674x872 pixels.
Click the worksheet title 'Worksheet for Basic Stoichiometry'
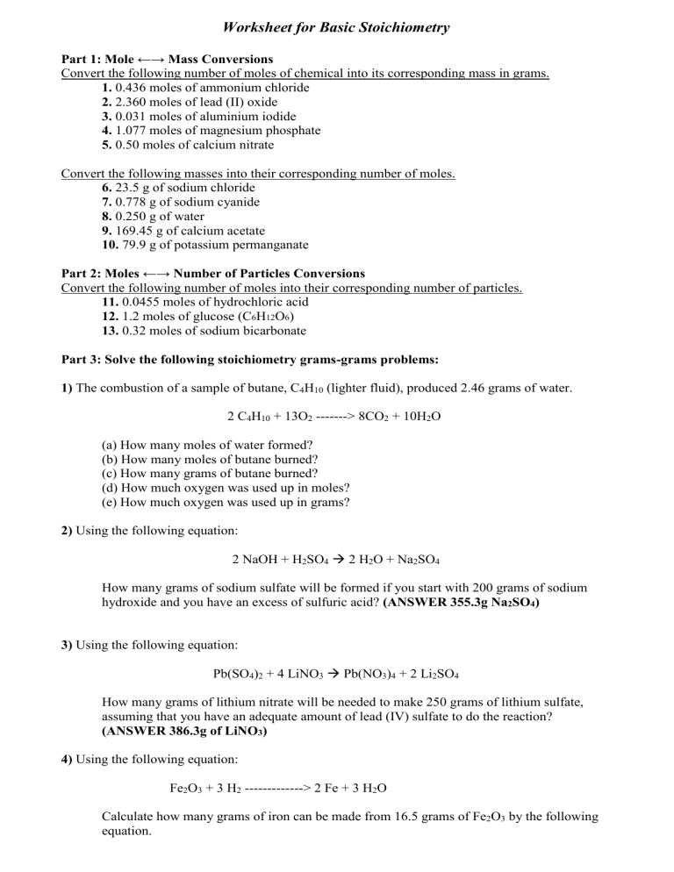point(337,28)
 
